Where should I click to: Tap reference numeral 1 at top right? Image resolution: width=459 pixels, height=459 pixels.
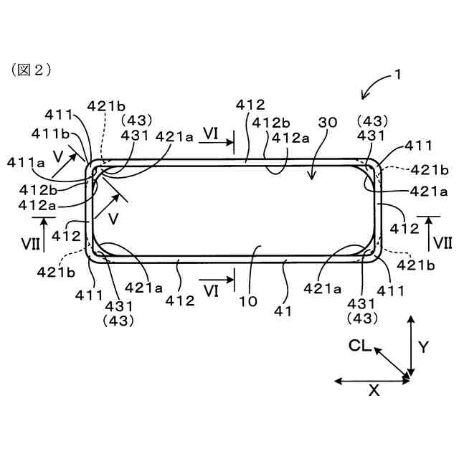[x=397, y=75]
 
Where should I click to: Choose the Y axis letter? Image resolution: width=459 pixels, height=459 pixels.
[x=423, y=347]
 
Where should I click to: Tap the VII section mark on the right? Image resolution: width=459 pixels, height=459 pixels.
[x=443, y=242]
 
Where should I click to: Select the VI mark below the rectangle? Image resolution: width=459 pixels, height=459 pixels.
[x=211, y=291]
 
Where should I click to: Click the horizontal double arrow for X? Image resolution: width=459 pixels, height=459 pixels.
[x=372, y=380]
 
